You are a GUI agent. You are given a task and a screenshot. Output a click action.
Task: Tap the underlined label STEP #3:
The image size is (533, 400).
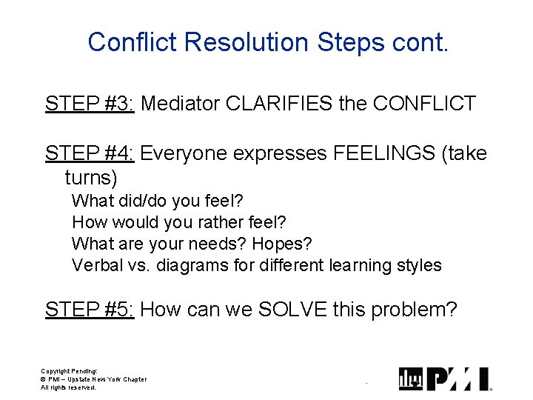pyautogui.click(x=89, y=103)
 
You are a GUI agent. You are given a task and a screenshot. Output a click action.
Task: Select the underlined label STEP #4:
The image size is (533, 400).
pyautogui.click(x=89, y=153)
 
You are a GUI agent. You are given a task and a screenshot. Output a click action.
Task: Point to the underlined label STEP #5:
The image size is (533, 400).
pyautogui.click(x=89, y=309)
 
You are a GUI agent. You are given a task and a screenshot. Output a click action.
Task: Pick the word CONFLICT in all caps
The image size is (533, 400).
pyautogui.click(x=424, y=103)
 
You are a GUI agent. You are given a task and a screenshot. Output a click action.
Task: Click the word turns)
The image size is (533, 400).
pyautogui.click(x=91, y=178)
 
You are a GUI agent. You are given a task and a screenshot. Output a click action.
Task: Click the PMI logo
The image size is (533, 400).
pyautogui.click(x=445, y=379)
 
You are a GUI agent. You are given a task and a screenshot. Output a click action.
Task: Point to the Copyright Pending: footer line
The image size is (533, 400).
pyautogui.click(x=69, y=371)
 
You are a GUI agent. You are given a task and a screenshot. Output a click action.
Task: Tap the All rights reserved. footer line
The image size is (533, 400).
pyautogui.click(x=68, y=387)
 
